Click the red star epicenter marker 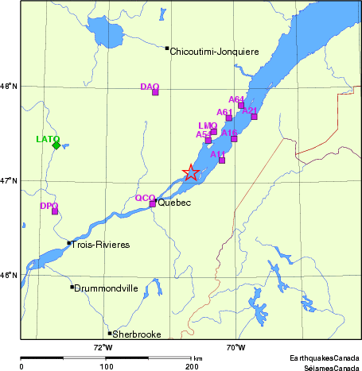click(191, 172)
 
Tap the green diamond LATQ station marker click(56, 145)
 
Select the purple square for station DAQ click(155, 92)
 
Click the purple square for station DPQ click(55, 211)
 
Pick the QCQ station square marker click(153, 203)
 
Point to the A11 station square click(222, 160)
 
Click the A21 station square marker click(254, 117)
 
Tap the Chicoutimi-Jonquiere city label click(215, 52)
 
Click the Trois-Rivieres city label click(100, 245)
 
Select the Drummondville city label click(106, 288)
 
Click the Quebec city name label click(173, 203)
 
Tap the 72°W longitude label click(103, 346)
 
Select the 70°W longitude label click(235, 346)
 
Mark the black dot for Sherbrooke click(110, 333)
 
